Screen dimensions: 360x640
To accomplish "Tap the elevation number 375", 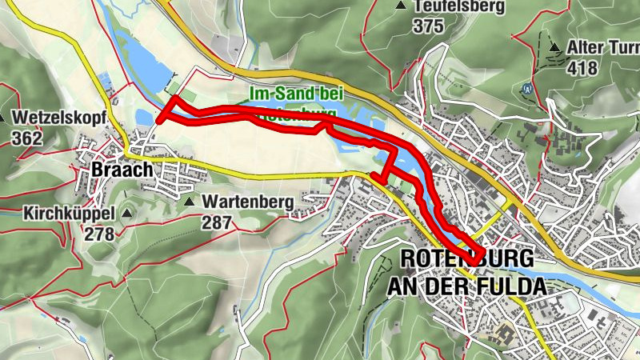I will click(429, 26).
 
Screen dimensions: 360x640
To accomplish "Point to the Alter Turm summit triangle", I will click(554, 47).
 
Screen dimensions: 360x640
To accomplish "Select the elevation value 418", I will click(582, 68).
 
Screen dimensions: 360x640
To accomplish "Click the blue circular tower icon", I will click(526, 89).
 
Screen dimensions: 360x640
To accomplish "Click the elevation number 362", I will click(29, 138).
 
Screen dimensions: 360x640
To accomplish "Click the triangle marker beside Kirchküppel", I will click(126, 214).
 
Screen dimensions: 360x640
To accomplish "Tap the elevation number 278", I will click(100, 234).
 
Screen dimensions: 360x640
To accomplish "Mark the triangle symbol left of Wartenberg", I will click(190, 202).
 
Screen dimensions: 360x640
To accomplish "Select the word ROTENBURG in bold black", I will click(466, 259).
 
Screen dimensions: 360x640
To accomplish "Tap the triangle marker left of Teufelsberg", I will click(400, 6).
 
